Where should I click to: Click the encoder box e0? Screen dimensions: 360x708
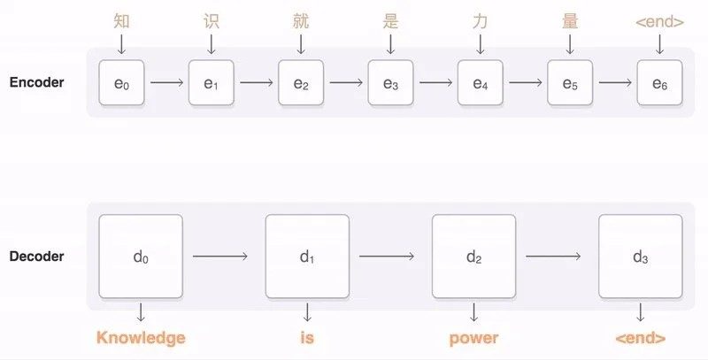point(121,84)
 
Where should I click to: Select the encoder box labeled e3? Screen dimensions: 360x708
point(390,84)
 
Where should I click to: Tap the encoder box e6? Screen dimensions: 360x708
point(659,84)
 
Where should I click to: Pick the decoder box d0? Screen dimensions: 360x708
point(141,257)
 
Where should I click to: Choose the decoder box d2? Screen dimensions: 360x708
point(473,257)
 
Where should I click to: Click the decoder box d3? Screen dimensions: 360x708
point(640,257)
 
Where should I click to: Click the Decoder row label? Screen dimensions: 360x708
point(37,257)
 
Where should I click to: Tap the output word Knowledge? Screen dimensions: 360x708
point(141,338)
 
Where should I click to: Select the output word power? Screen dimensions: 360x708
point(473,338)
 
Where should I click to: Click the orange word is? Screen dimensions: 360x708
point(307,338)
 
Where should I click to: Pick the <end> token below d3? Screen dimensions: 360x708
point(640,338)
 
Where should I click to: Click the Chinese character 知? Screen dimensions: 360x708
point(121,20)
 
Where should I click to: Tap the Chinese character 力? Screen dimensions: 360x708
point(480,20)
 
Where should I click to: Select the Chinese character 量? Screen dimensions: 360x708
point(570,20)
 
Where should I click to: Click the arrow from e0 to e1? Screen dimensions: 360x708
point(166,84)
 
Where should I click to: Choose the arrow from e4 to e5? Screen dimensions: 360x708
point(525,84)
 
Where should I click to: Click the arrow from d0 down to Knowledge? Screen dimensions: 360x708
point(141,312)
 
